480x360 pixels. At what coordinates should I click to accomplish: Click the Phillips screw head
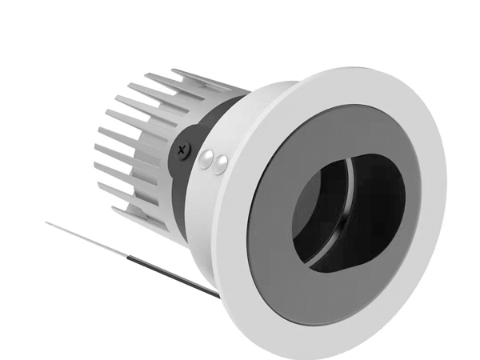pos(183,148)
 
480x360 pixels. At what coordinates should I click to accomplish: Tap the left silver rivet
pos(206,159)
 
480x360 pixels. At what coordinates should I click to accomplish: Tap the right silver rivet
pos(220,164)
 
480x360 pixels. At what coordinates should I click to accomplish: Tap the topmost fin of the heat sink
pos(200,76)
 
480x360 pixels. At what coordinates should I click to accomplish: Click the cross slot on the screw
pos(183,148)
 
